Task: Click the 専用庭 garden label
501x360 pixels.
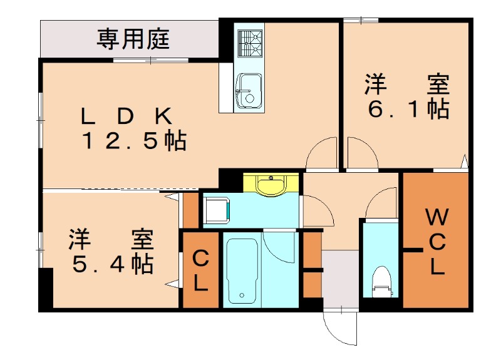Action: tap(133, 39)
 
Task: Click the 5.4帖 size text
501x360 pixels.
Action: tap(111, 264)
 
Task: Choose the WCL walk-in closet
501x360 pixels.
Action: tap(436, 242)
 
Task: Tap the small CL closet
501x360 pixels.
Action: tap(200, 270)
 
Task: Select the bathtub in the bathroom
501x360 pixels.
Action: tap(241, 270)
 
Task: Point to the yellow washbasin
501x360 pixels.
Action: tap(271, 185)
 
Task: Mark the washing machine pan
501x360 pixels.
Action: tap(217, 210)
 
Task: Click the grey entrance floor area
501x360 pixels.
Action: tap(340, 278)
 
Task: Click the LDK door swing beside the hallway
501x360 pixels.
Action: tap(323, 153)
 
